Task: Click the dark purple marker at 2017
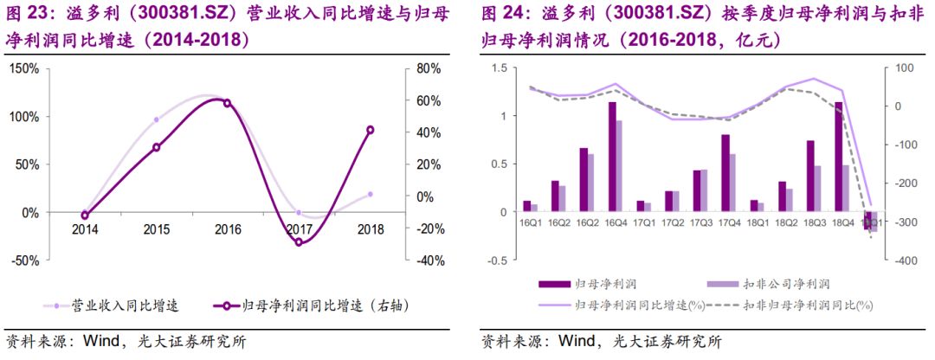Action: (x=299, y=242)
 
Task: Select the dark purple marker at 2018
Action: (x=371, y=130)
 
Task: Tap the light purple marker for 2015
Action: (x=157, y=119)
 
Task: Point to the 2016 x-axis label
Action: (x=228, y=229)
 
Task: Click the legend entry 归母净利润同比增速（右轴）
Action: (x=308, y=305)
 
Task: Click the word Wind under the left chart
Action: (x=103, y=341)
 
